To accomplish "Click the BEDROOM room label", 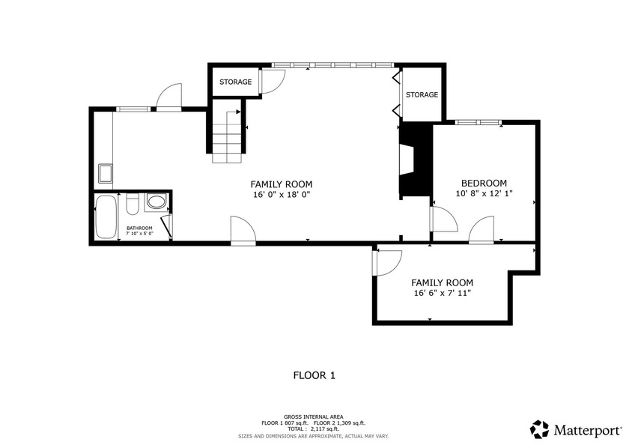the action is (x=484, y=184).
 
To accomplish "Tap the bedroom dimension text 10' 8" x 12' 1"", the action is (x=484, y=193).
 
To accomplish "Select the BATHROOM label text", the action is (x=139, y=228).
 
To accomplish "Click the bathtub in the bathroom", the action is (x=106, y=217).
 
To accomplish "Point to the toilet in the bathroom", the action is (x=132, y=204).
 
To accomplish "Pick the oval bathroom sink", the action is (x=156, y=201).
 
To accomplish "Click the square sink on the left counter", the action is (x=106, y=173).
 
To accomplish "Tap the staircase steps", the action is (x=228, y=137).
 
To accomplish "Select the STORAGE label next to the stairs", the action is (x=235, y=82).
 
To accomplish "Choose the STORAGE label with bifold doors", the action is (x=422, y=94).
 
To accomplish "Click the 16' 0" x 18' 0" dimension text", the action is (x=282, y=195).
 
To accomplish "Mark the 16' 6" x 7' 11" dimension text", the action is (x=442, y=293).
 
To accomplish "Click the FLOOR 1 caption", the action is (x=314, y=375).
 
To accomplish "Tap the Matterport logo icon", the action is (x=540, y=429).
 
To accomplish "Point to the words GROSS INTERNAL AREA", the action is (x=314, y=417).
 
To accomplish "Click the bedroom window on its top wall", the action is (x=478, y=122).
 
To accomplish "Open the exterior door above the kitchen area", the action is (x=169, y=97).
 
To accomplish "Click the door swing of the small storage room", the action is (x=273, y=82).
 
